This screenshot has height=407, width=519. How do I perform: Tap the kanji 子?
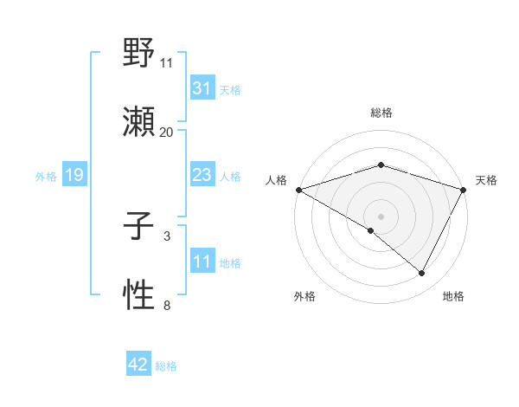[138, 226]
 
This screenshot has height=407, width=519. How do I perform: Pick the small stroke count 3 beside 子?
[167, 236]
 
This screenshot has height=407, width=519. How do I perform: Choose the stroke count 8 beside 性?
[167, 305]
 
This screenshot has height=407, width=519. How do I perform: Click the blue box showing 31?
[202, 88]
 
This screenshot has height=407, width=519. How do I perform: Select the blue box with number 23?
[202, 176]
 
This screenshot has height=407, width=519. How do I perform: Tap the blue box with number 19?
[74, 176]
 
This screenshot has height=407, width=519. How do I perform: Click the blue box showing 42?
[138, 365]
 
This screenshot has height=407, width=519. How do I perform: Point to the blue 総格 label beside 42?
[166, 366]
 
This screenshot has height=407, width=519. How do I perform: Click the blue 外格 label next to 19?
[46, 177]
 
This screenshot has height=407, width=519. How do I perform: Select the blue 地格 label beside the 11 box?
[230, 263]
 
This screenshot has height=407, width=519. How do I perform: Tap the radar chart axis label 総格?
[381, 113]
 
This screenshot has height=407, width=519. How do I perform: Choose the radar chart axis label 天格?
[486, 180]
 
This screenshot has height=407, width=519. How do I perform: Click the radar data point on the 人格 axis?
[298, 190]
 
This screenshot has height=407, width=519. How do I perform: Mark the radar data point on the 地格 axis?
[422, 274]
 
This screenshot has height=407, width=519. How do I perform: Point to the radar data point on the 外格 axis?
[371, 230]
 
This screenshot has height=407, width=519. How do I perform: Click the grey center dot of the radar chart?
[381, 216]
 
